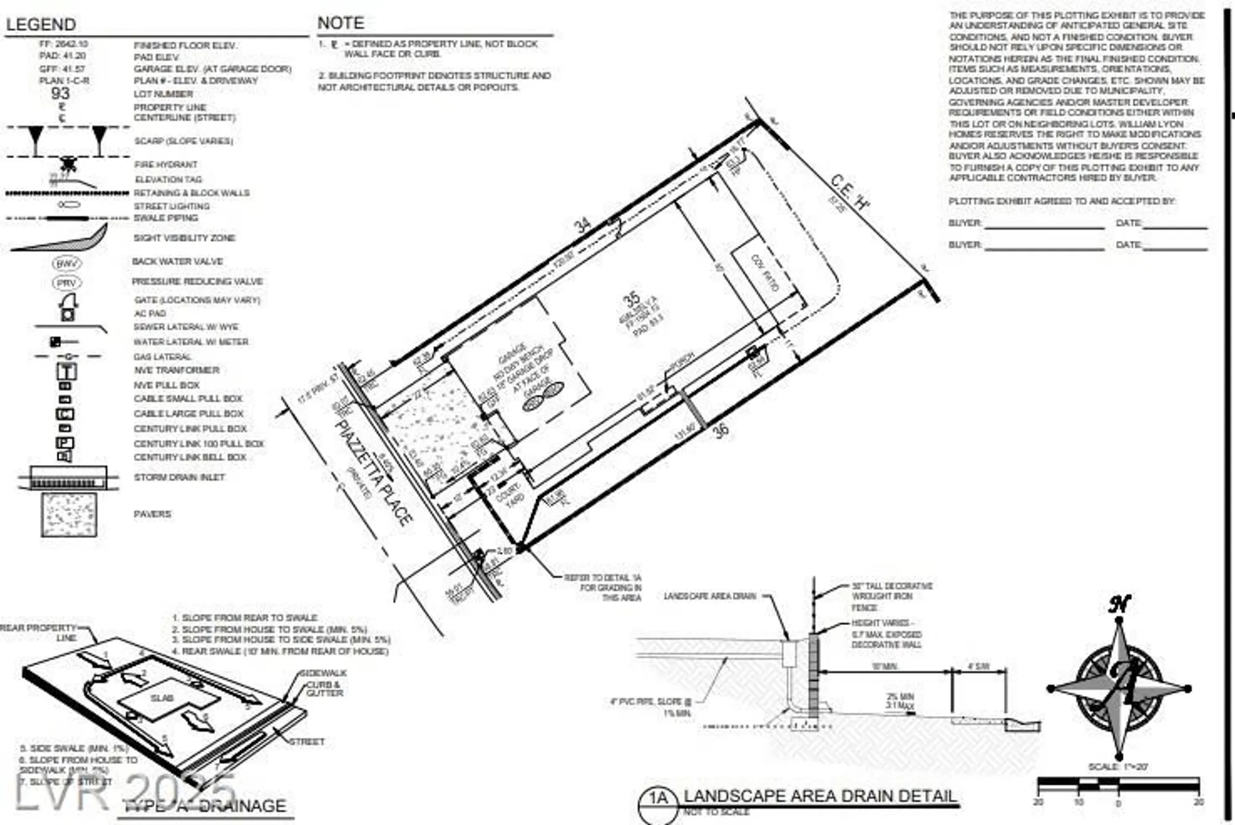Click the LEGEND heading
click(x=41, y=25)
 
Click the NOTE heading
click(x=340, y=23)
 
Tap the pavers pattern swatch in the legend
click(x=69, y=514)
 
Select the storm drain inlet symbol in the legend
click(x=69, y=478)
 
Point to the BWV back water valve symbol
click(x=66, y=264)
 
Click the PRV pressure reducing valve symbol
click(x=66, y=283)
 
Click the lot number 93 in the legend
click(x=61, y=94)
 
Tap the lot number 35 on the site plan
click(x=631, y=300)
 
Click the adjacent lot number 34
click(x=582, y=225)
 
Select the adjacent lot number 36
click(x=721, y=430)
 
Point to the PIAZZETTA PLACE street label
click(x=374, y=472)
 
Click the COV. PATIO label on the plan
click(x=765, y=272)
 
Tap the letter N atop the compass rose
click(x=1119, y=604)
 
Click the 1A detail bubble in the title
click(x=658, y=798)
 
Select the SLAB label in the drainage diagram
click(x=162, y=698)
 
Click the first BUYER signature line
click(x=1045, y=225)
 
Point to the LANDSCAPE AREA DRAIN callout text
click(x=710, y=597)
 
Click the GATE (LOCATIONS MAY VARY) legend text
click(x=197, y=300)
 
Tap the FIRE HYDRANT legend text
click(x=166, y=165)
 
